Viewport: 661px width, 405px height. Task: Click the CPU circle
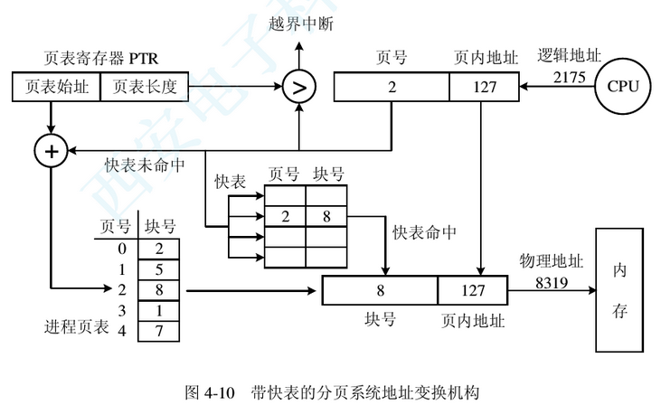(623, 86)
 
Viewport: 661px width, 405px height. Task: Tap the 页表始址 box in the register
(55, 87)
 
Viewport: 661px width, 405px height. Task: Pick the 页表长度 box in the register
(145, 87)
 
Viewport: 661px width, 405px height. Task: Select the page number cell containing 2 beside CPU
(392, 88)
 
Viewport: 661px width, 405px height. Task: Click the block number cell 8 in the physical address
(381, 291)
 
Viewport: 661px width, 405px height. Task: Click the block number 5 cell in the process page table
(159, 268)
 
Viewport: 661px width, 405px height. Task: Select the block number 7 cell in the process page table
(159, 331)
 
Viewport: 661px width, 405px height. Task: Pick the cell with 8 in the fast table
(326, 216)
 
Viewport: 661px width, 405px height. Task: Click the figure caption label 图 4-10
(211, 391)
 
